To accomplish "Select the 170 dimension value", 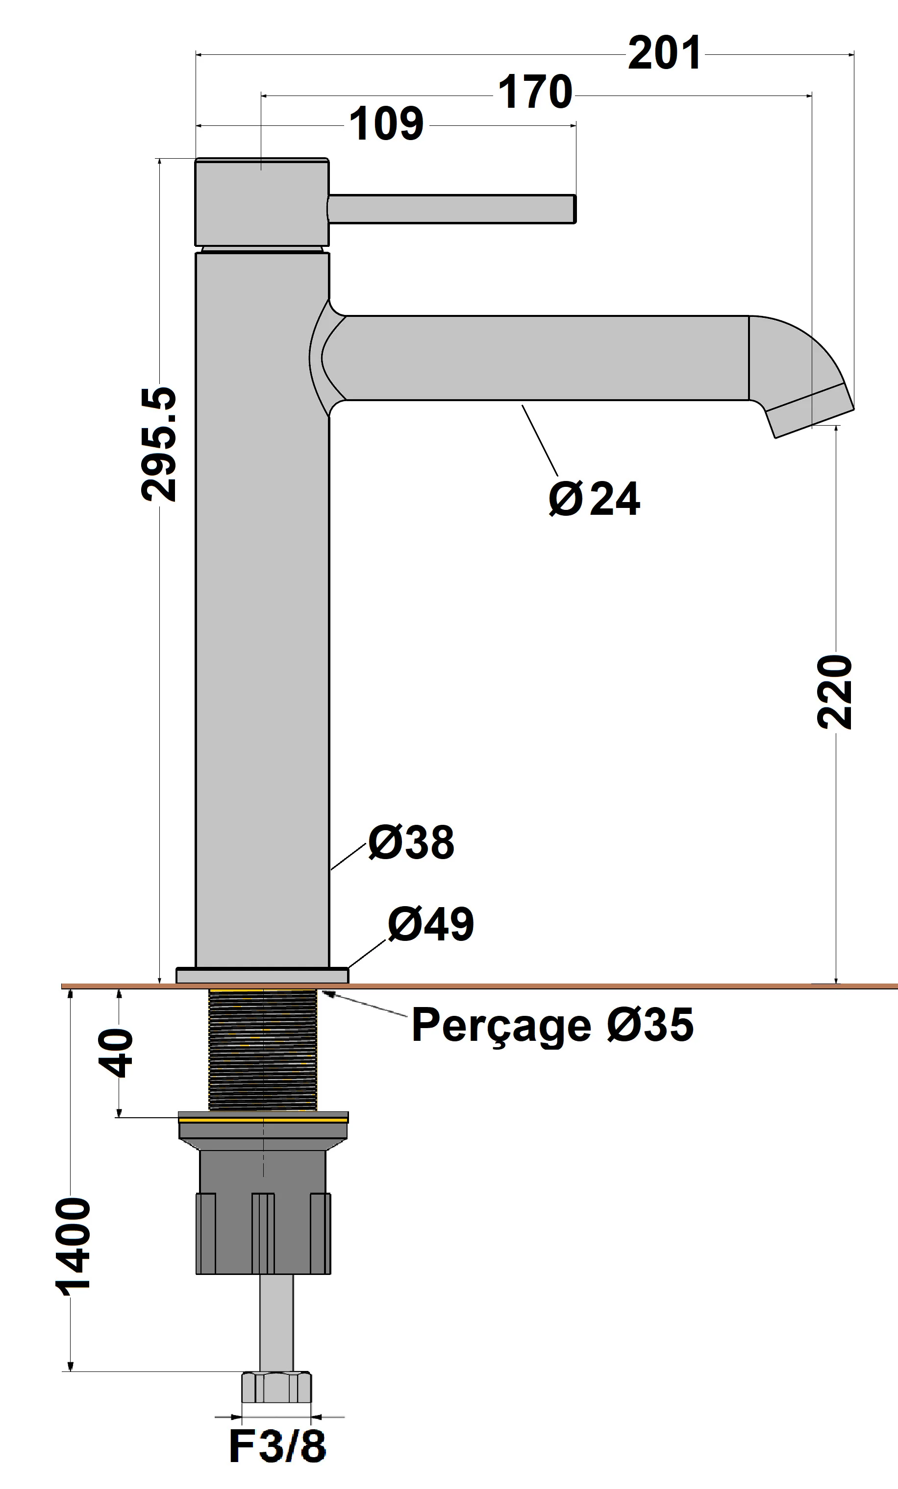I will point(535,93).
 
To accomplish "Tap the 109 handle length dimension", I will point(386,124).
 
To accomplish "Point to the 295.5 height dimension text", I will point(159,444).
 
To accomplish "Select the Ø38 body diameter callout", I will point(411,842).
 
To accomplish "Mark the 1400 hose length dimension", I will point(73,1248).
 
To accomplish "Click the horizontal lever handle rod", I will point(450,209).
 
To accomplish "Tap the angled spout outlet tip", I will point(810,411).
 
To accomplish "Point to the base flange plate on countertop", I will point(262,975).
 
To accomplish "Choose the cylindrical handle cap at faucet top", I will point(261,202).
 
